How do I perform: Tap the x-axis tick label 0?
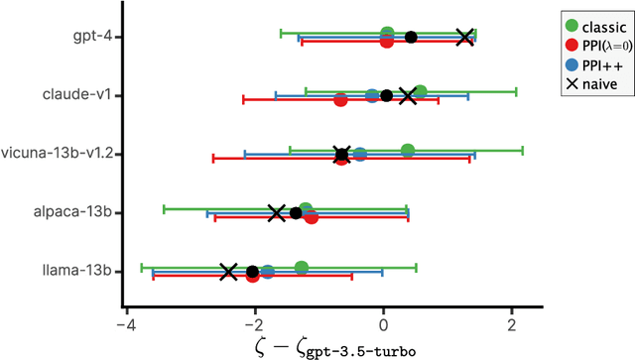[x=383, y=326]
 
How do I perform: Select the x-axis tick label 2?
[x=511, y=326]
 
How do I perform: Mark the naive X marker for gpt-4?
[x=464, y=37]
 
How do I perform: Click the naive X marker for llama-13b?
[x=228, y=271]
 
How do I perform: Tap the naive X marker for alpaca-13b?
[x=277, y=212]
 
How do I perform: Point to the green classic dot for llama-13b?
[x=301, y=267]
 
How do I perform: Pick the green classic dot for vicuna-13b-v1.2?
[x=407, y=150]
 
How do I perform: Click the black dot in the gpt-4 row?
[x=411, y=38]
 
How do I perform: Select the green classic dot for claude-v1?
[x=420, y=91]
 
